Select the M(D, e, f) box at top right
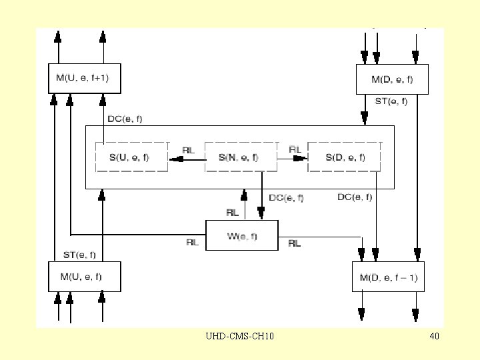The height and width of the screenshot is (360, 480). [392, 79]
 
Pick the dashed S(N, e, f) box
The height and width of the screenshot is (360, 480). [241, 157]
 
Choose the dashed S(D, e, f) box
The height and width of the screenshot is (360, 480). [345, 157]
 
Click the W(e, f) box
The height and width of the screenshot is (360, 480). [241, 235]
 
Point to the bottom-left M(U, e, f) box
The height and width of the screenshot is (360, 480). [84, 276]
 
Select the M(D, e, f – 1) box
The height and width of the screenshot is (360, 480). [388, 277]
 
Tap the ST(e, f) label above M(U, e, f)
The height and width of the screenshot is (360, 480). [79, 255]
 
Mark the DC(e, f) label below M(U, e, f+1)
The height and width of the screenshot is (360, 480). [125, 119]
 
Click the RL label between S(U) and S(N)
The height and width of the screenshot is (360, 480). [188, 150]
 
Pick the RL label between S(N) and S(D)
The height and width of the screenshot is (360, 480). [295, 149]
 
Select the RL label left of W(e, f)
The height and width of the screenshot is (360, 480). [192, 243]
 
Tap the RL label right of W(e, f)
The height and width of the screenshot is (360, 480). [294, 243]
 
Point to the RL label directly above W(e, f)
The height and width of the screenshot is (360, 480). [232, 213]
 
